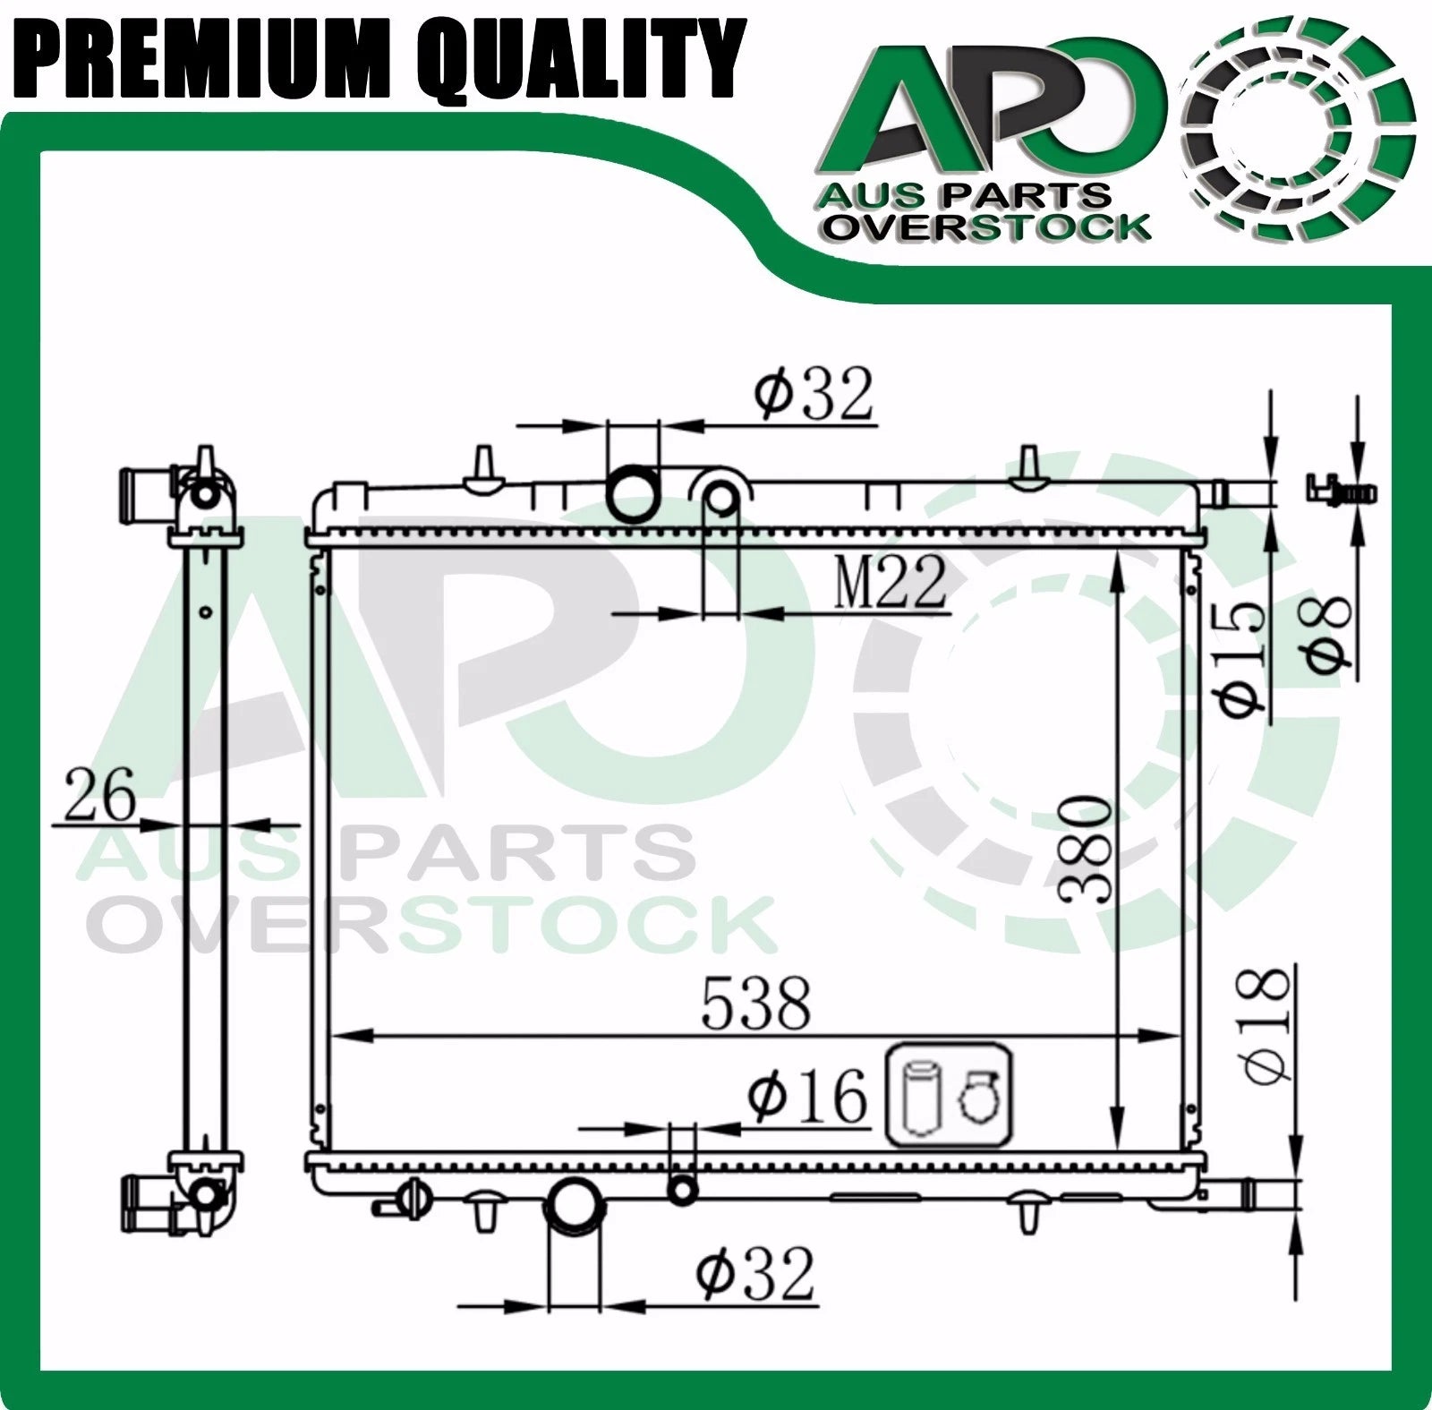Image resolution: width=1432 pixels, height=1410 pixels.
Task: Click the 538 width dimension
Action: click(x=756, y=1003)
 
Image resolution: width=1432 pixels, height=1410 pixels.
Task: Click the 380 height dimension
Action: click(x=1085, y=848)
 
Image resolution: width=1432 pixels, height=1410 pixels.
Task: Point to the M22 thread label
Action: click(x=890, y=582)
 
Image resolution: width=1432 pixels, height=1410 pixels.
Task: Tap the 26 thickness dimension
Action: click(x=99, y=794)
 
